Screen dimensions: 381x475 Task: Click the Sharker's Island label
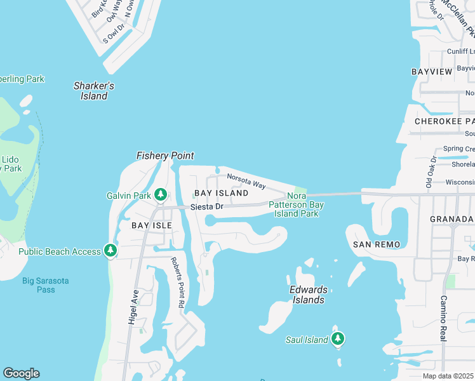(x=93, y=91)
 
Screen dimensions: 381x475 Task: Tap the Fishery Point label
(x=165, y=156)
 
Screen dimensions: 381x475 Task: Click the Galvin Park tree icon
(x=161, y=194)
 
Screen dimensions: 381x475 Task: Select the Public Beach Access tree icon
(x=111, y=251)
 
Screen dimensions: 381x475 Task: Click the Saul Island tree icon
(x=338, y=340)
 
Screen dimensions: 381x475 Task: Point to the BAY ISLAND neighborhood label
(x=221, y=192)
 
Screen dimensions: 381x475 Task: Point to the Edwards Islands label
(x=309, y=295)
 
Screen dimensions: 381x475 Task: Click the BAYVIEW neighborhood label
(x=432, y=72)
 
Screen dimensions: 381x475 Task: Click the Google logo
(x=21, y=373)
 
